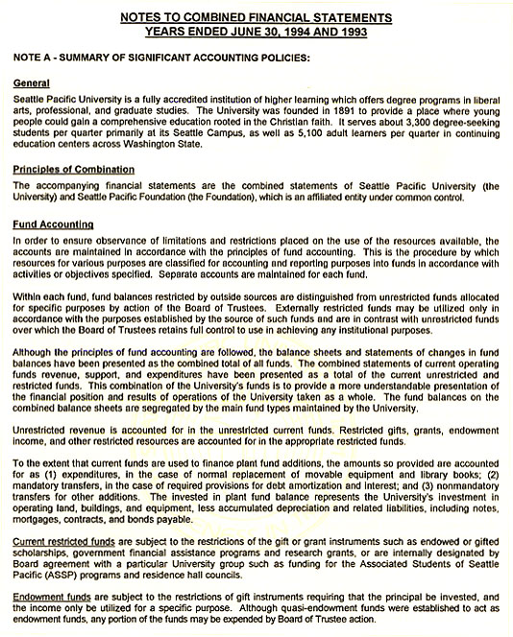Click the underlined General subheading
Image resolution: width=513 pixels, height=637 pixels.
click(x=34, y=83)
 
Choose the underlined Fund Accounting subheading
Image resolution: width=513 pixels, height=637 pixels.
click(x=52, y=222)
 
